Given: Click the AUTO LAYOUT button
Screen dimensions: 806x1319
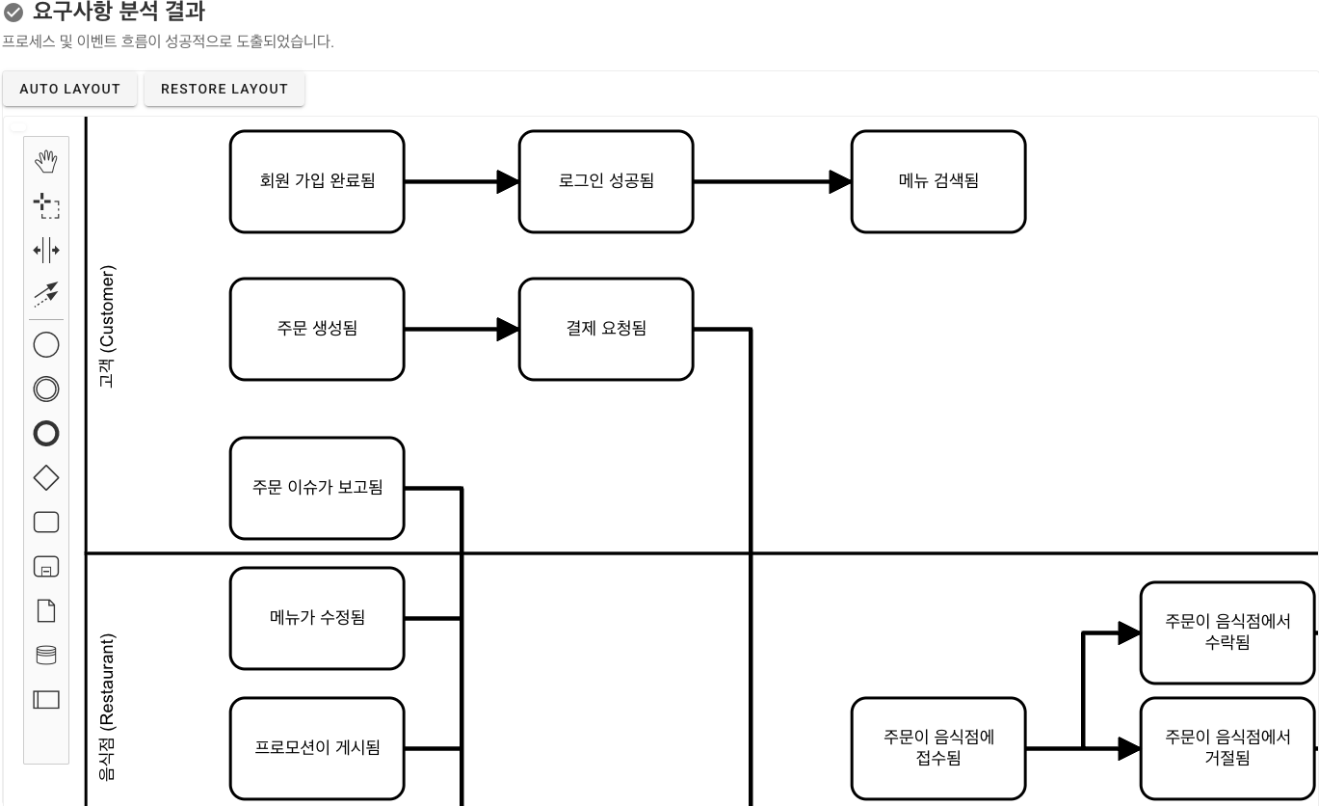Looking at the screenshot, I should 69,89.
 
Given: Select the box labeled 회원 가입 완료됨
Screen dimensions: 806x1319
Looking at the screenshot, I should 317,181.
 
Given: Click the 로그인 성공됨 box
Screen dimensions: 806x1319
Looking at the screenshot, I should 606,181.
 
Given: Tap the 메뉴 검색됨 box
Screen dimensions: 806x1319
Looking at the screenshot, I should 938,181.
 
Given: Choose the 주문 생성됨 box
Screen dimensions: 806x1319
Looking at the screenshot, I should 317,329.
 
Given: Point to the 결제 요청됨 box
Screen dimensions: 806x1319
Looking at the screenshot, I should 606,329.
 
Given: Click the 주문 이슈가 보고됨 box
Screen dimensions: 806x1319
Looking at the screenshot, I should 317,488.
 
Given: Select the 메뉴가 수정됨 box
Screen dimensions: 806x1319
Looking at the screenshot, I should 317,618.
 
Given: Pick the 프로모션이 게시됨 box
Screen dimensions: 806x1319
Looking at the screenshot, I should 317,748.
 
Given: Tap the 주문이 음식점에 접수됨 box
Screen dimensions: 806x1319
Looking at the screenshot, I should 938,748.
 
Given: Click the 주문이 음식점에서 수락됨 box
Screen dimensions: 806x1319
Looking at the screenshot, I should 1227,632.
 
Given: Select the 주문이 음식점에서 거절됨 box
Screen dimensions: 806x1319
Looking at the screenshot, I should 1227,748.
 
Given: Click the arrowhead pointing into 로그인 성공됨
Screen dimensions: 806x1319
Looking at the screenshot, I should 508,181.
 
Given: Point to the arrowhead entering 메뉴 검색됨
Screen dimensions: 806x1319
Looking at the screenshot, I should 840,181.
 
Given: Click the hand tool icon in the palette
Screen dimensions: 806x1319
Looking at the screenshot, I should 46,162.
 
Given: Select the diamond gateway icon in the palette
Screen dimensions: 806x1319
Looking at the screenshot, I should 46,478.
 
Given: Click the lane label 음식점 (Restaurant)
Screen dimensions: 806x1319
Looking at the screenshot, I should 107,706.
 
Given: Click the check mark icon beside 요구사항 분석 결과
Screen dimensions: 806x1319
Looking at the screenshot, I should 13,13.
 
